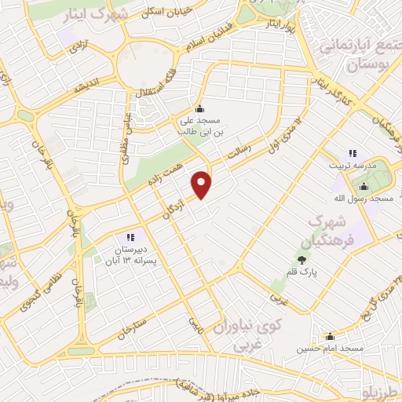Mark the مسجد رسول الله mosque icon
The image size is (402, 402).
click(364, 186)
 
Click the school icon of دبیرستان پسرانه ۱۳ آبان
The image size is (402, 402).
click(130, 237)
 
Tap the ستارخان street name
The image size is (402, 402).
click(131, 326)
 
